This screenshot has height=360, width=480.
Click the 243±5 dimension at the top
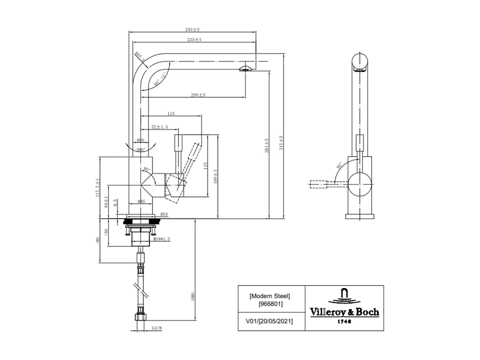pos(193,30)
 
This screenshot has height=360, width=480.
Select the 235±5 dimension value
pos(194,40)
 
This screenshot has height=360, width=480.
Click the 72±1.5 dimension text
pos(160,127)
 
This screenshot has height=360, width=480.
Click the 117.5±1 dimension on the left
pos(97,188)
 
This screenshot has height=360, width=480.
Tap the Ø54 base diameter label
pos(164,214)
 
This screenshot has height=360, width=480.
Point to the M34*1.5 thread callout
pos(162,239)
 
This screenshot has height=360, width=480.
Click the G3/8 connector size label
pos(156,327)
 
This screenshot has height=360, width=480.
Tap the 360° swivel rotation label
pos(141,150)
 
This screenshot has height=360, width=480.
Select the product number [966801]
pos(270,304)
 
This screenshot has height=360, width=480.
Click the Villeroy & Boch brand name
pos(344,312)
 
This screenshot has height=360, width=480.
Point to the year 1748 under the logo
pos(344,321)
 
